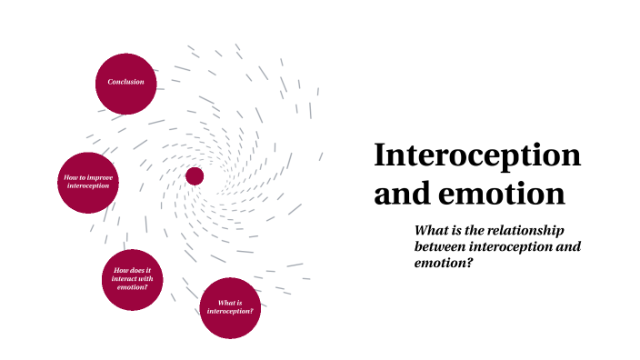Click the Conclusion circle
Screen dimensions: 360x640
tap(126, 83)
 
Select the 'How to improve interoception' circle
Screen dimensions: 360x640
tap(88, 182)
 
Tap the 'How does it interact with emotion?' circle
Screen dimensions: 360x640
tap(133, 280)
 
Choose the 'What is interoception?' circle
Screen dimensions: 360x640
tap(230, 306)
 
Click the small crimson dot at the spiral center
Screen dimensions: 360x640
tap(195, 175)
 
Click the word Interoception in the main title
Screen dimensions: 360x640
tap(477, 156)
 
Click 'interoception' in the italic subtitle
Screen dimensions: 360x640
tap(516, 246)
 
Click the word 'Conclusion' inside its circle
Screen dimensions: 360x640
tap(126, 83)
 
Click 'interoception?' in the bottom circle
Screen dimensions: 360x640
tap(231, 311)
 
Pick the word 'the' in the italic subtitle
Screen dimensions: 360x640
tap(472, 230)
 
